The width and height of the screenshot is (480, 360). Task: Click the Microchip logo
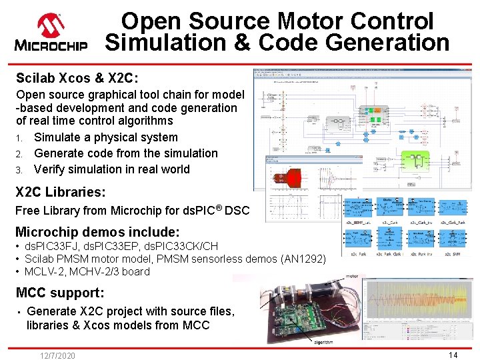[x=51, y=33]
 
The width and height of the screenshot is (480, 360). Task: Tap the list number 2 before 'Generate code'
[x=20, y=153]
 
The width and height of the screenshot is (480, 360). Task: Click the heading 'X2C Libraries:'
[x=61, y=192]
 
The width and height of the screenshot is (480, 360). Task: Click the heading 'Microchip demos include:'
[x=97, y=232]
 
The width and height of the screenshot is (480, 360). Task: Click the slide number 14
[x=453, y=355]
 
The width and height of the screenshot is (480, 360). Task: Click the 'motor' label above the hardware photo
[x=353, y=275]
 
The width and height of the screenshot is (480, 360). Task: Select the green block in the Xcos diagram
[x=378, y=118]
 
